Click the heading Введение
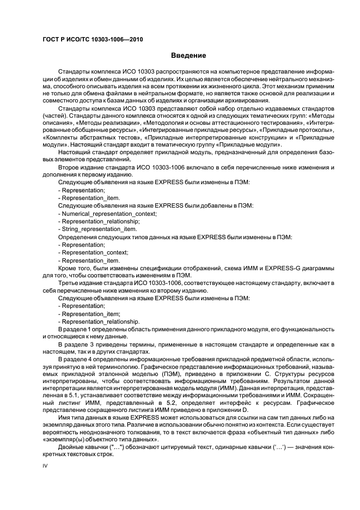(x=188, y=56)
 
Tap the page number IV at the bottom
(x=45, y=465)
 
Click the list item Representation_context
(x=95, y=252)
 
